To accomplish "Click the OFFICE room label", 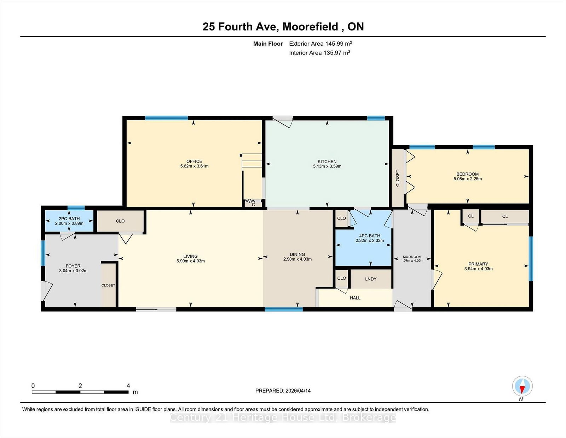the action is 194,161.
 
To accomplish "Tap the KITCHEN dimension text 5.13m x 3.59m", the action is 327,166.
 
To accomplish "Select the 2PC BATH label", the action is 69,219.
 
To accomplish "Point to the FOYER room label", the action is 73,266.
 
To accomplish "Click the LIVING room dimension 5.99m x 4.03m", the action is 190,261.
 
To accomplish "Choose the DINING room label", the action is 297,254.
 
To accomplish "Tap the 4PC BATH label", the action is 369,236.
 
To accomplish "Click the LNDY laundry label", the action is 371,279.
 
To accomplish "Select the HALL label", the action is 355,298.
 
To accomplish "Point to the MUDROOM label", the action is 412,257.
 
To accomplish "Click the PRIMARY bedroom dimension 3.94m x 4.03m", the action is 478,269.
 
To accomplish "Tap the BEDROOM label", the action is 467,174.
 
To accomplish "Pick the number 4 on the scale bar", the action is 128,386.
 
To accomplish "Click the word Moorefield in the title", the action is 310,27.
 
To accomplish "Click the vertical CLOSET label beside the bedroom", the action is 398,178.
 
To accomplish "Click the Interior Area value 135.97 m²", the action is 336,53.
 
